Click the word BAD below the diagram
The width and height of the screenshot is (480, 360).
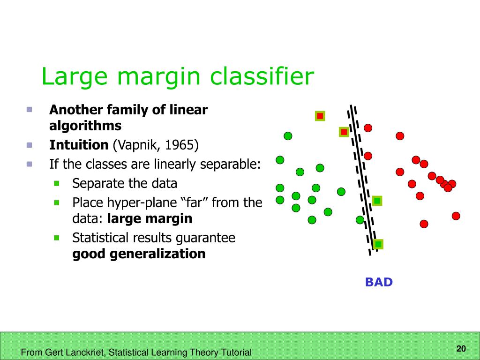coord(379,282)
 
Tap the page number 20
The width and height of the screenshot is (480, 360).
coord(461,348)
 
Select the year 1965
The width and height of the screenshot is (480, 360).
coord(180,145)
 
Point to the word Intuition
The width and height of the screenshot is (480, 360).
coord(79,145)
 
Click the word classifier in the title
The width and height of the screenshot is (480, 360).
coord(262,76)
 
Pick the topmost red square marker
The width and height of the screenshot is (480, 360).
coord(320,116)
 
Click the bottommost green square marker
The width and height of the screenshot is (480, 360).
coord(378,244)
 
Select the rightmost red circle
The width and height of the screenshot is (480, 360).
coord(456,216)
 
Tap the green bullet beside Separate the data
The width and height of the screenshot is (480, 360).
coord(57,183)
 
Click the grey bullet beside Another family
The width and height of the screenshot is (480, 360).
coord(30,109)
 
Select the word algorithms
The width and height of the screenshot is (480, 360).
coord(85,126)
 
